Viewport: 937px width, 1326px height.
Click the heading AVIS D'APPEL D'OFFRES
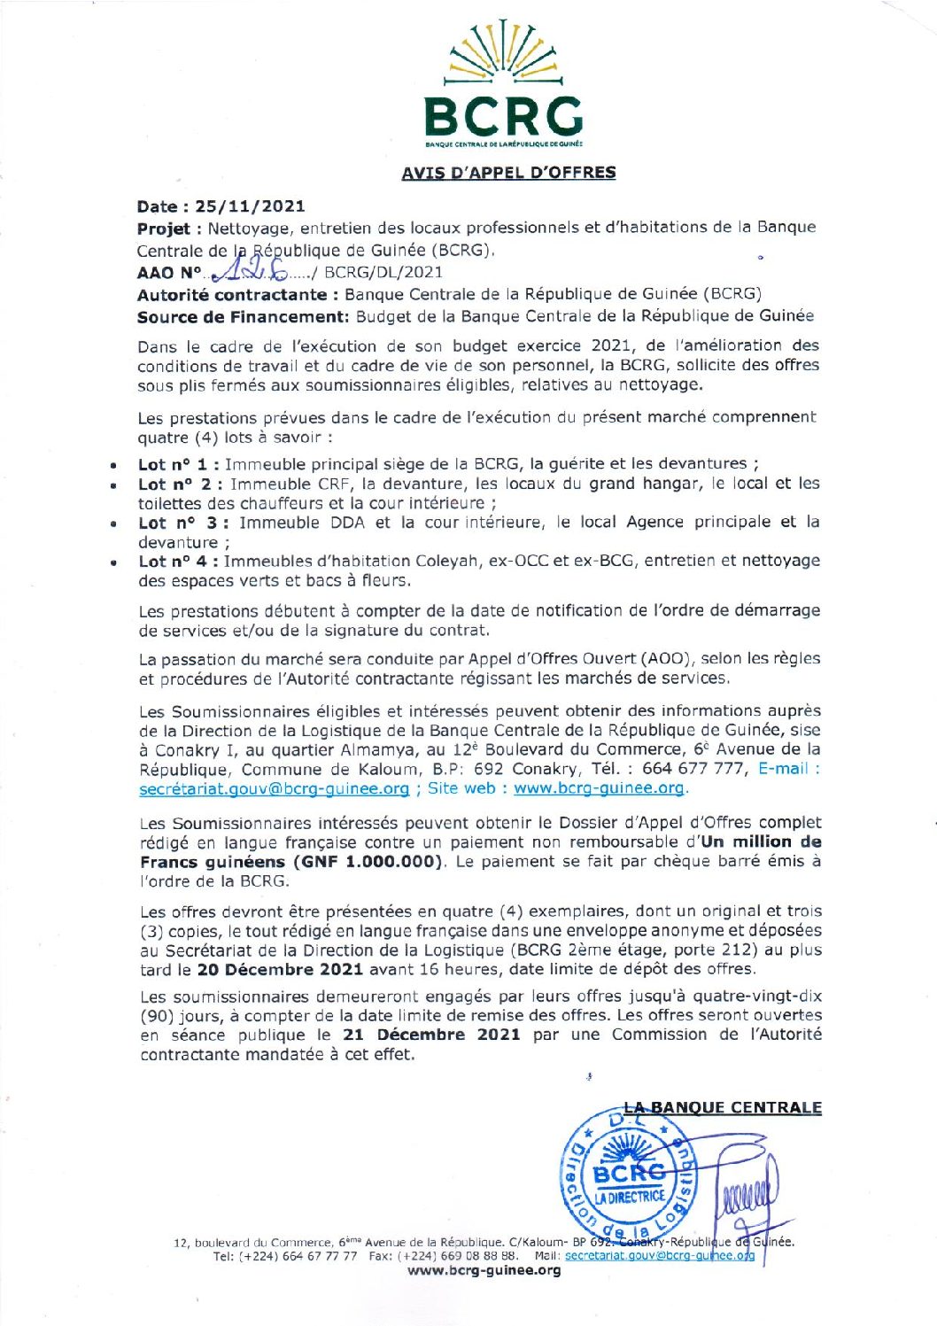508,173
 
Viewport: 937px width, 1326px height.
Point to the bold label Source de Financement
244,316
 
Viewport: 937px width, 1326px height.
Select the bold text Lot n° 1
174,464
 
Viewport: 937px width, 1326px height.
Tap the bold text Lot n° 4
173,561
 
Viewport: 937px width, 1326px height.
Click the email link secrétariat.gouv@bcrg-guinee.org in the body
274,788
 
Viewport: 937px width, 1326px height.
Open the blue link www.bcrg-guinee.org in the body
599,788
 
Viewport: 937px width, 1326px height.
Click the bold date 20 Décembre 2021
280,970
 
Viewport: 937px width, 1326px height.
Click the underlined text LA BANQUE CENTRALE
723,1108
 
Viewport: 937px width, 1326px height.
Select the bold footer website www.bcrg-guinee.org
484,1270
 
